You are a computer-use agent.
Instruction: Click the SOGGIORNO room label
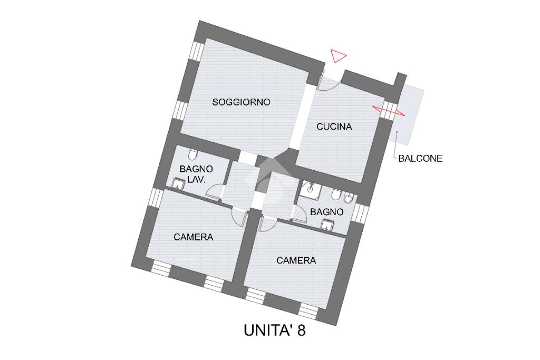(241, 102)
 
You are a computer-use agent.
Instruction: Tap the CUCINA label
(334, 127)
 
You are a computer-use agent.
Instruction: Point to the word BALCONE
(420, 158)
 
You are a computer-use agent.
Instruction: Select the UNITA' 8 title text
(275, 330)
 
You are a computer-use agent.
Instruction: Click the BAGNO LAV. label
(196, 174)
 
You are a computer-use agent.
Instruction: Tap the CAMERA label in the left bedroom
(194, 237)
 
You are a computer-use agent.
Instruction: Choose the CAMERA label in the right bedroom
(296, 260)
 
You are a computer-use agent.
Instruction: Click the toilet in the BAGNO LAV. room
(193, 154)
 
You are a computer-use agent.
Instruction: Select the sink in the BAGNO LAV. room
(179, 183)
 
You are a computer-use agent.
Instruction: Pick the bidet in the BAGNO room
(349, 199)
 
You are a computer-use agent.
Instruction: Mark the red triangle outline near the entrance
(338, 55)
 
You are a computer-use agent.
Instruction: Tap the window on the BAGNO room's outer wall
(360, 213)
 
